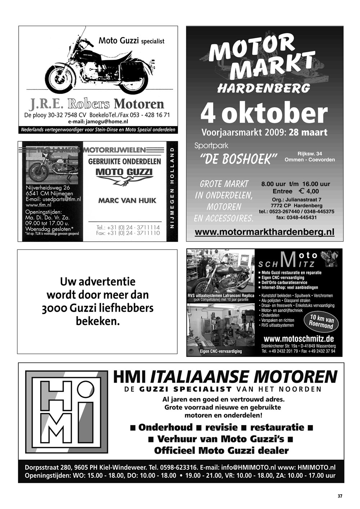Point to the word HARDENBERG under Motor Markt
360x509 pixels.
(264, 87)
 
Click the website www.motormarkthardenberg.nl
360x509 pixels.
(264, 232)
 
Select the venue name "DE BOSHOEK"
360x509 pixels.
(238, 159)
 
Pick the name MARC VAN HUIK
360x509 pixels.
(127, 201)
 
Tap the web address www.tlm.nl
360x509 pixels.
(39, 205)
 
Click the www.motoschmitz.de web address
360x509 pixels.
(298, 339)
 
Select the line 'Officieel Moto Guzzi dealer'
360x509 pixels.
(221, 450)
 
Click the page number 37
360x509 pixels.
(340, 496)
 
